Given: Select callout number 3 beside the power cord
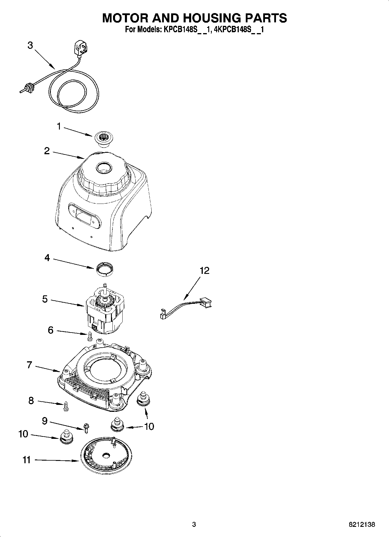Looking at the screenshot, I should coord(30,46).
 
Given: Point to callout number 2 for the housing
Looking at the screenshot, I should coord(47,151).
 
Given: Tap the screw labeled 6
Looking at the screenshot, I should coord(89,336).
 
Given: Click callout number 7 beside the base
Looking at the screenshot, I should coord(29,365).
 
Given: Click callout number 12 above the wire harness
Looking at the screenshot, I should coord(204,271).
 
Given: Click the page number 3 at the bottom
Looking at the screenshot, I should coord(194,525).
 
